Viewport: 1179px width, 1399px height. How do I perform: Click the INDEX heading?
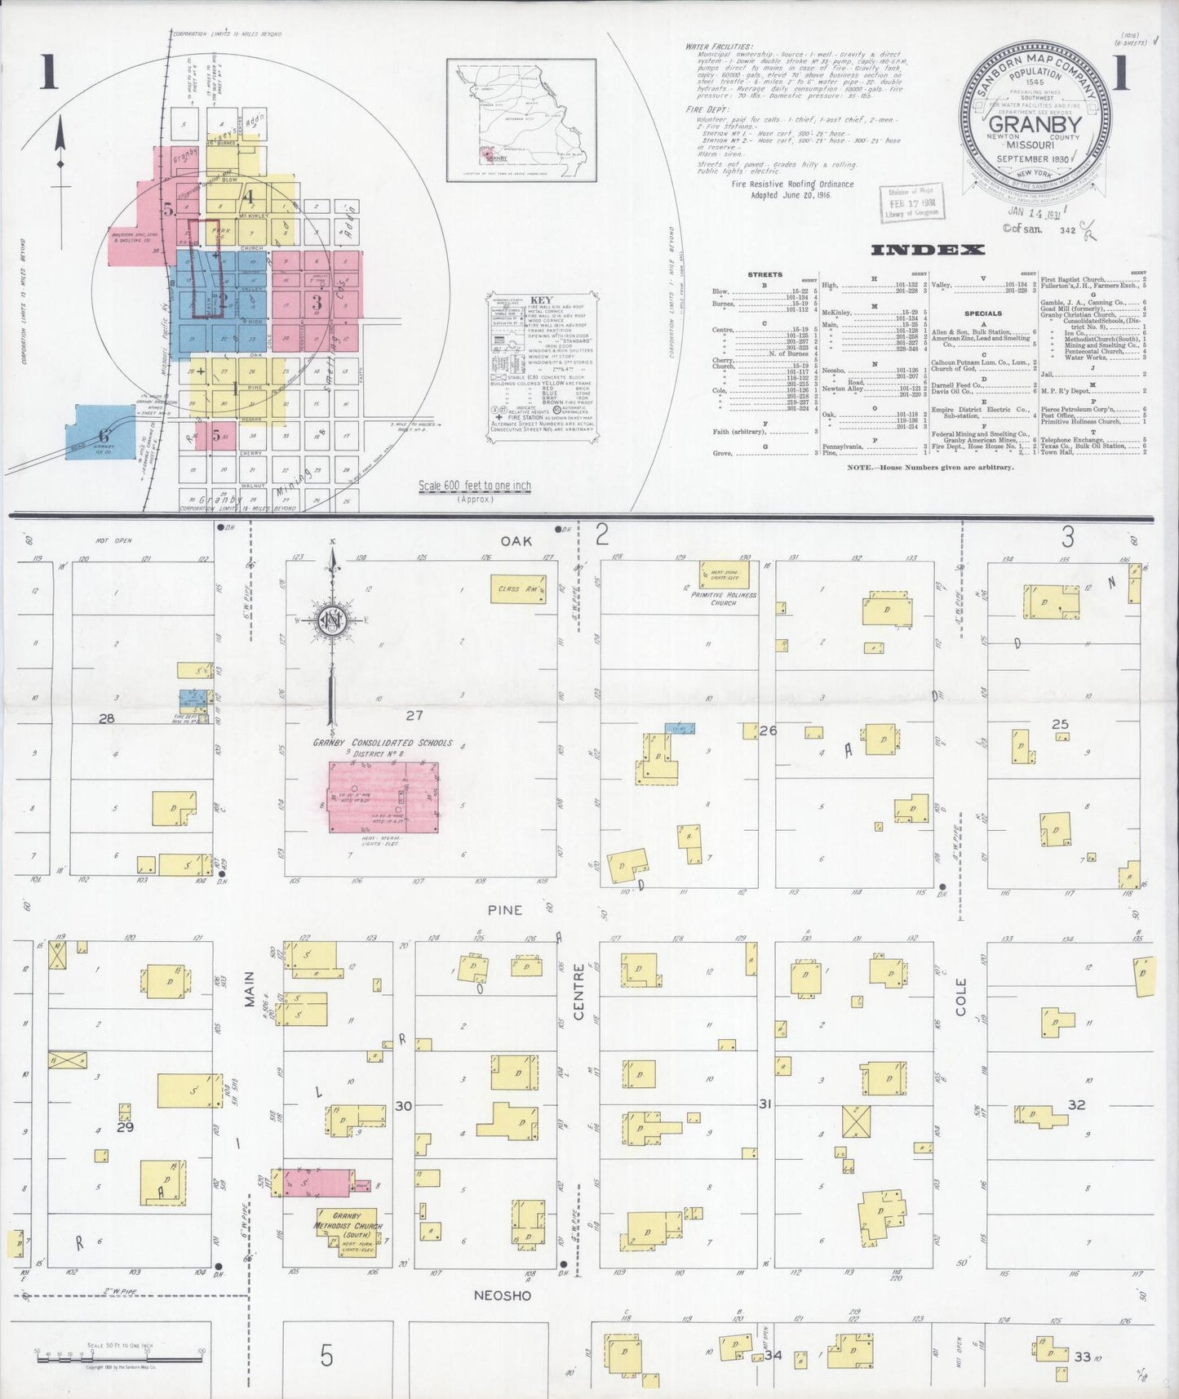928,250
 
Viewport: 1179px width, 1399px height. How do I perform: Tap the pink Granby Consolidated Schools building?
383,797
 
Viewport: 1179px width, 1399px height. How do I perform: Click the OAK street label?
516,540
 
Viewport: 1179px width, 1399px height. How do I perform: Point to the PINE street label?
504,909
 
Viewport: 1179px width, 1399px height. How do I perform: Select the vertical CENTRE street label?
579,992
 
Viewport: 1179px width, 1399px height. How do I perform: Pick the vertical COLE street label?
960,997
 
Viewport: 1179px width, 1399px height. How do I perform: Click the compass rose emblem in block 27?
333,620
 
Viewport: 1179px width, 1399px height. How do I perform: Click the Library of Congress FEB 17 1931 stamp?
908,202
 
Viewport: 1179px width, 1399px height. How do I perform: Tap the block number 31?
765,1104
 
